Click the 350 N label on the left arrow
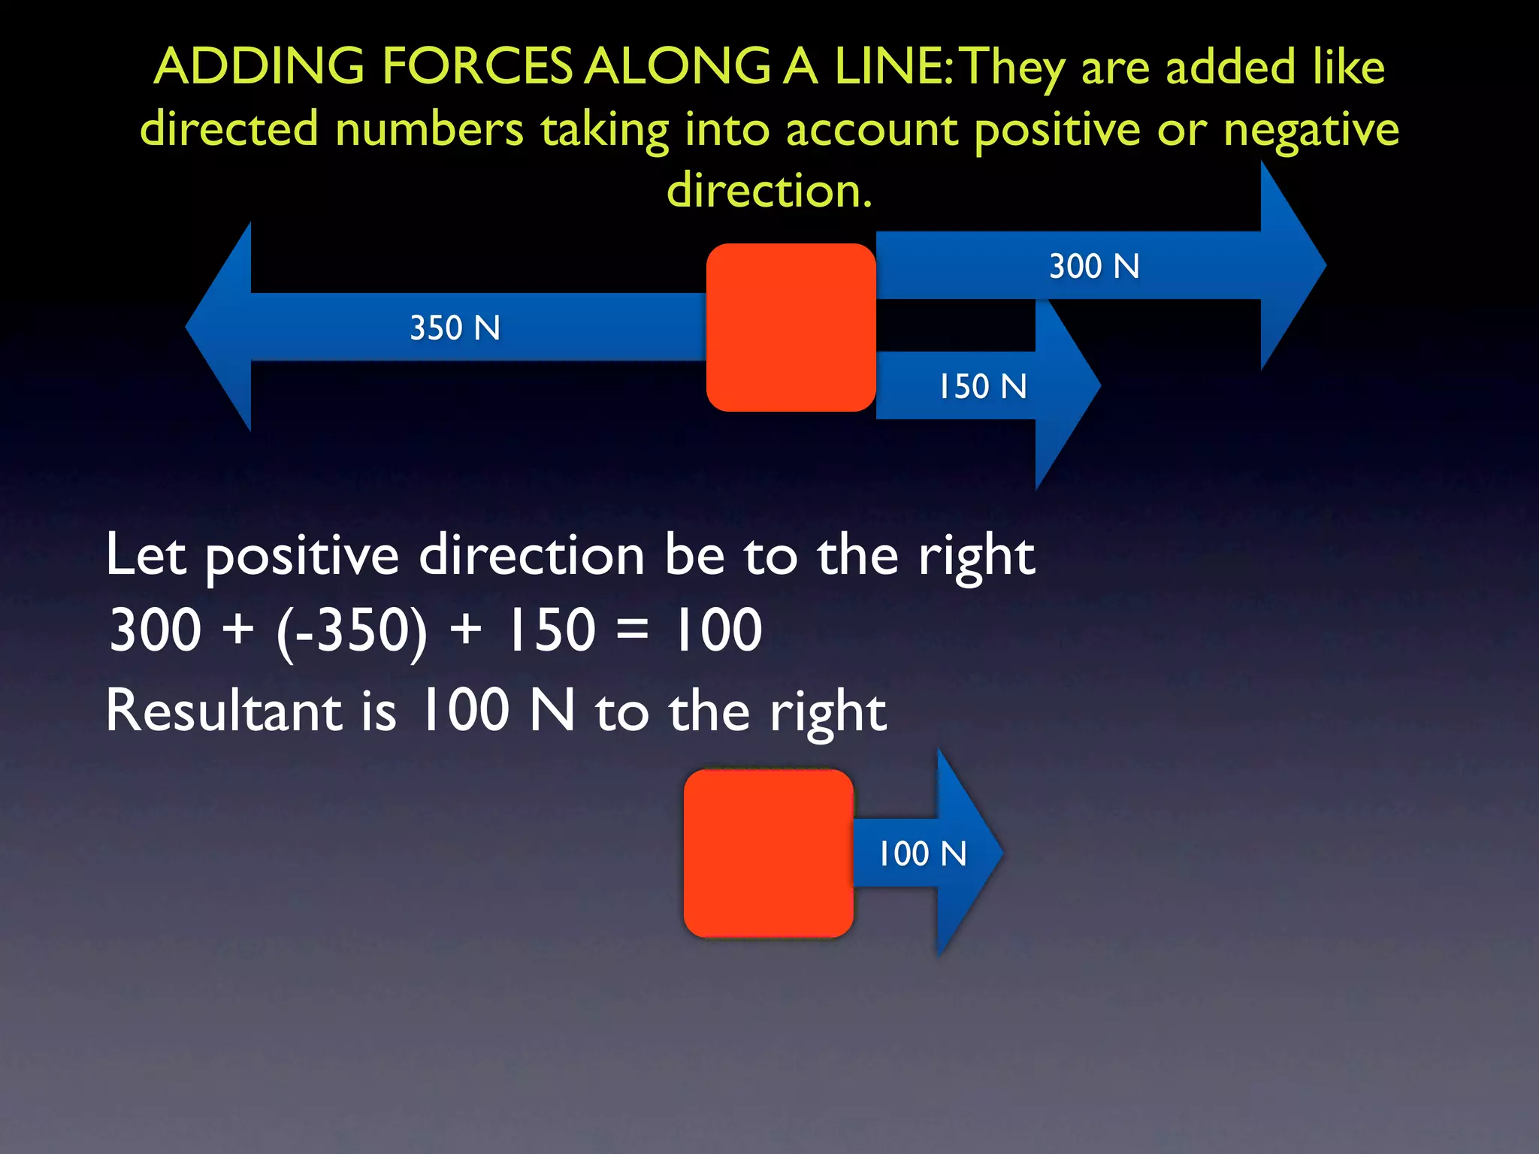coord(455,328)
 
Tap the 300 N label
coord(1094,267)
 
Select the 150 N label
coord(982,387)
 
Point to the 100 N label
coord(922,854)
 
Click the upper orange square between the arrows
coord(791,328)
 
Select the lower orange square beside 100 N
coord(768,853)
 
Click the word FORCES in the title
coord(478,66)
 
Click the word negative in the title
coord(1311,130)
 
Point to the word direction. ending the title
coord(769,190)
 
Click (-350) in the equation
coord(352,630)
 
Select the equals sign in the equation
coord(632,630)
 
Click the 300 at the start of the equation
coord(156,630)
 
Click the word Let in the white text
coord(145,556)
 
